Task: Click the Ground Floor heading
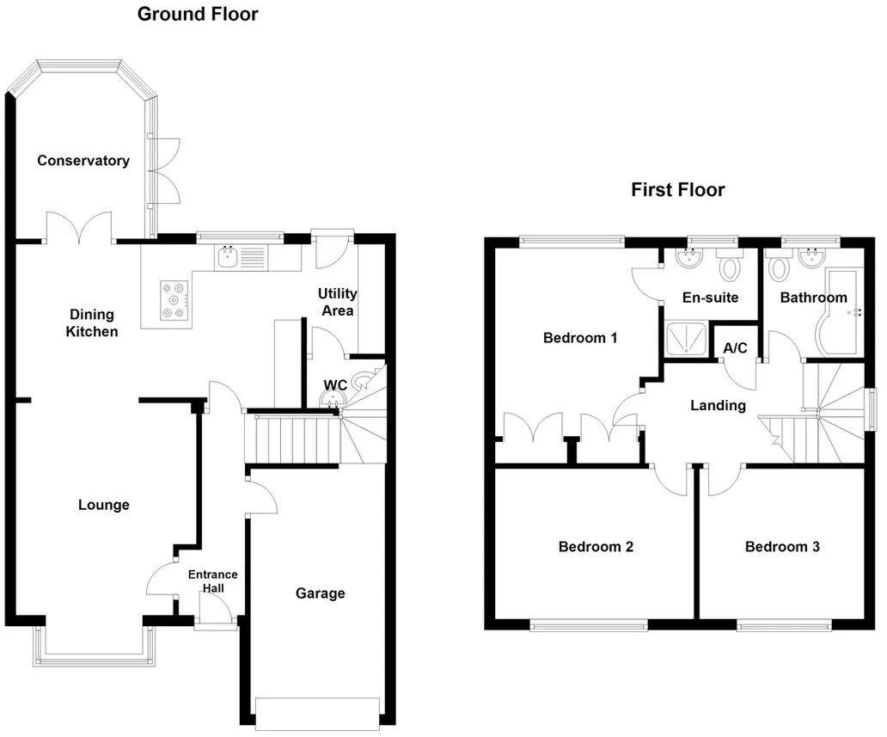pyautogui.click(x=198, y=14)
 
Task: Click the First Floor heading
pyautogui.click(x=677, y=190)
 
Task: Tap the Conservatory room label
pyautogui.click(x=83, y=161)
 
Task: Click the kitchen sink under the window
pyautogui.click(x=229, y=255)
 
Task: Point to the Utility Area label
pyautogui.click(x=337, y=302)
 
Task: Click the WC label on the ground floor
pyautogui.click(x=334, y=384)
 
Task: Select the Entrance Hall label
pyautogui.click(x=213, y=581)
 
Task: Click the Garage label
pyautogui.click(x=320, y=593)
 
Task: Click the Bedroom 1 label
pyautogui.click(x=580, y=338)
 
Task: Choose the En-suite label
pyautogui.click(x=710, y=298)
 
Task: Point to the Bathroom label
pyautogui.click(x=813, y=298)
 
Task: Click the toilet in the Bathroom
pyautogui.click(x=780, y=267)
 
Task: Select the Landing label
pyautogui.click(x=718, y=405)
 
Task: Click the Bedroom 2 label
pyautogui.click(x=596, y=546)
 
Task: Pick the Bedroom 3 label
pyautogui.click(x=782, y=546)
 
